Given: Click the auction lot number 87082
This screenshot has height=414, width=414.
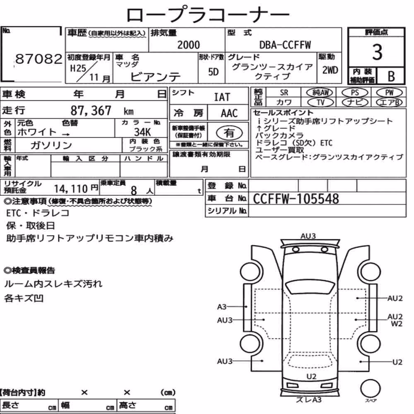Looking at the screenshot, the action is (x=39, y=59).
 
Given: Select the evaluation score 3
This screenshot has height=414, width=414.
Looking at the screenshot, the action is (x=377, y=52).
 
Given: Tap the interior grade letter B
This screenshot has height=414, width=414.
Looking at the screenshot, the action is (x=391, y=76).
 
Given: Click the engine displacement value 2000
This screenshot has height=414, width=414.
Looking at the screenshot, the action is (x=188, y=45).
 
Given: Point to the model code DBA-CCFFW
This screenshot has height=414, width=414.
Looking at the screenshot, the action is (x=285, y=45).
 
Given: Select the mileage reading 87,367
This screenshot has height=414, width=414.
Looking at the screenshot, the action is (x=91, y=111).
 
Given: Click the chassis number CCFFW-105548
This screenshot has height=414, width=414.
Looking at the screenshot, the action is (x=296, y=199).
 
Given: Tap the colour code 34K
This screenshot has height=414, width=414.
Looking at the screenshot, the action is (x=142, y=132).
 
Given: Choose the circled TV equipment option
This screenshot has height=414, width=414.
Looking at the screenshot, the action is (x=320, y=102).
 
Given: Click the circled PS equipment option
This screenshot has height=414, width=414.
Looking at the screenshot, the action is (x=355, y=93).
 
